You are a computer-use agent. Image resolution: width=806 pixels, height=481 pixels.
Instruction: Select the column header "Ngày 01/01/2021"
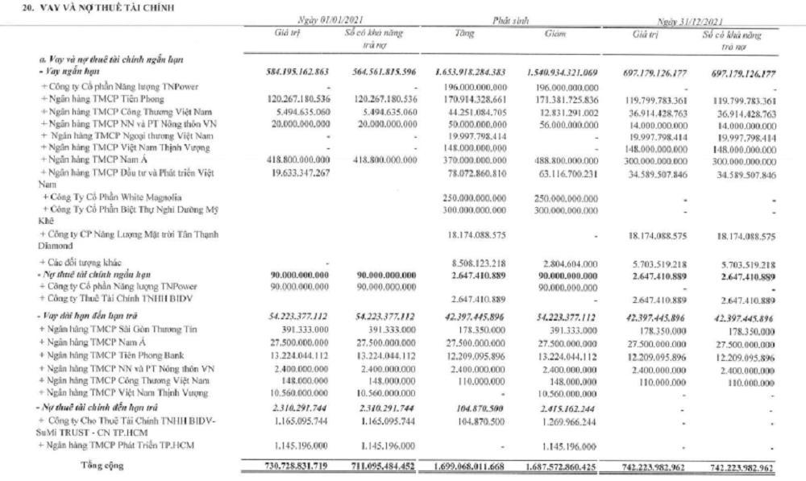pyautogui.click(x=321, y=19)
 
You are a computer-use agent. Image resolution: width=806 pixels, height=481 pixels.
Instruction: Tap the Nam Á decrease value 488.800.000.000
pyautogui.click(x=565, y=160)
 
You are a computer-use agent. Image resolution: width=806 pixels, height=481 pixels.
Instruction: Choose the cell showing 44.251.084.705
pyautogui.click(x=475, y=110)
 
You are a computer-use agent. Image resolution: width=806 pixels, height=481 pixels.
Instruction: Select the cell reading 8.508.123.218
pyautogui.click(x=476, y=263)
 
